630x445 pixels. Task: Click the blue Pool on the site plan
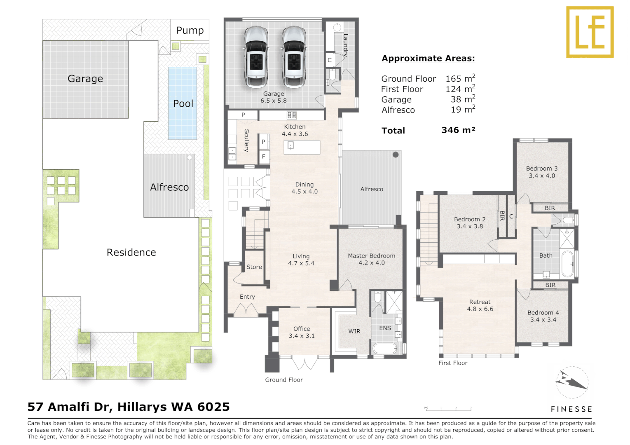pos(183,103)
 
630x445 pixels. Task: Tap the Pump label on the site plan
pos(190,30)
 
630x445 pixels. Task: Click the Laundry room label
pos(345,45)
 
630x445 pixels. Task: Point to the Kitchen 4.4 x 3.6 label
pos(295,130)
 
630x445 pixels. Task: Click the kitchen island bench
pos(302,147)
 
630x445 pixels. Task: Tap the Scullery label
pos(246,141)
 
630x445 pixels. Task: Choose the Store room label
pos(254,267)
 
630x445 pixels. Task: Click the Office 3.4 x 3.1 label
pos(302,332)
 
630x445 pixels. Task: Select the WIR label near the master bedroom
pos(354,331)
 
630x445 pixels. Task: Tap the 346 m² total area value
pos(458,130)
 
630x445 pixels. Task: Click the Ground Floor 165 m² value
pos(460,78)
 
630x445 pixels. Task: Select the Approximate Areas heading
pos(428,59)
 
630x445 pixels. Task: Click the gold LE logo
pos(590,32)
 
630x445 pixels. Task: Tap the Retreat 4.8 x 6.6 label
pos(480,305)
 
